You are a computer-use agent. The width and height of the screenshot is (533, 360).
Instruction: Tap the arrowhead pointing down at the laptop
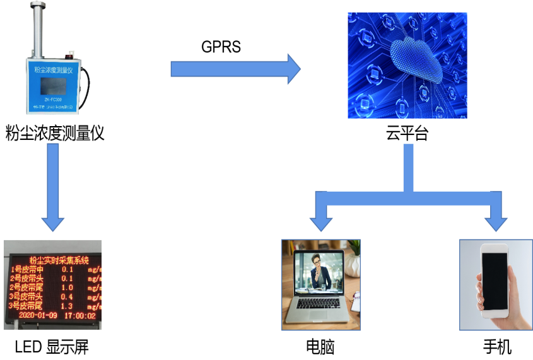321,222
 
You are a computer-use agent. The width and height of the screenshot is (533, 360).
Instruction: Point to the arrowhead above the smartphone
496,222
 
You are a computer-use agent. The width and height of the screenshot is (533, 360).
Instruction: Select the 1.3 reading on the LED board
67,306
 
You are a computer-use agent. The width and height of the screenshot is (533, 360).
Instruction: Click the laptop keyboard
321,304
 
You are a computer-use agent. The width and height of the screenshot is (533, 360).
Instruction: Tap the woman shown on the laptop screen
320,271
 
